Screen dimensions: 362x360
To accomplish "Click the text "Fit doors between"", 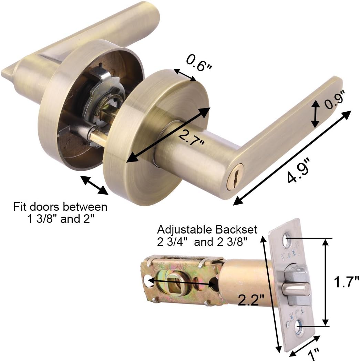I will pyautogui.click(x=60, y=207).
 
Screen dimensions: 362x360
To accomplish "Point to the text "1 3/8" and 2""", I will pyautogui.click(x=60, y=219).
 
